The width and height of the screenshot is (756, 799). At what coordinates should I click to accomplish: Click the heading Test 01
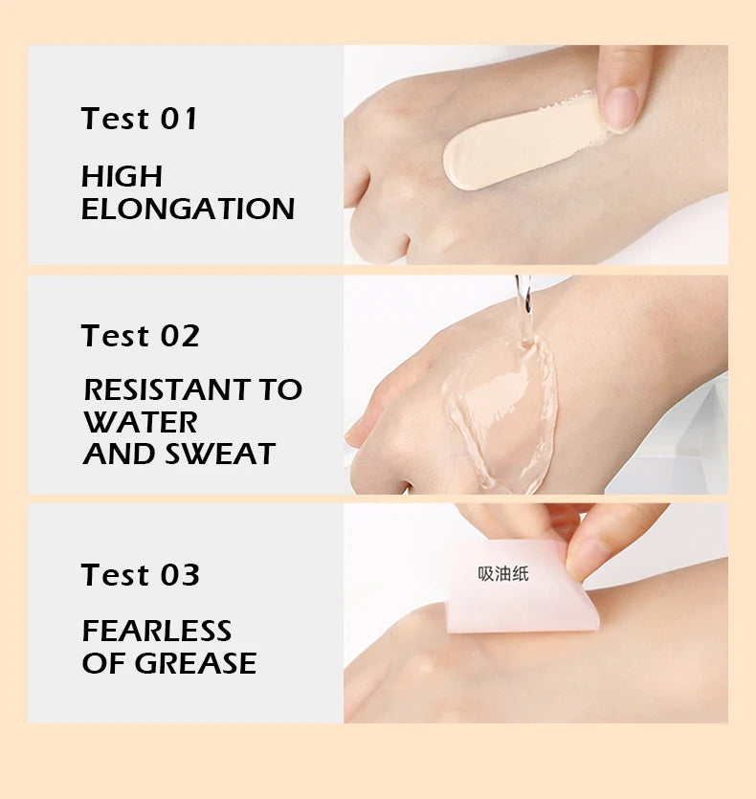pyautogui.click(x=139, y=119)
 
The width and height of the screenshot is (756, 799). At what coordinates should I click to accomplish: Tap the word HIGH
pyautogui.click(x=122, y=176)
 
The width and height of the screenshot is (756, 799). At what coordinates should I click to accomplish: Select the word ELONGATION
pyautogui.click(x=188, y=209)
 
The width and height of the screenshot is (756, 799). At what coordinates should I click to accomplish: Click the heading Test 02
pyautogui.click(x=140, y=336)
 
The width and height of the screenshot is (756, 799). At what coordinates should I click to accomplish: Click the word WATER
pyautogui.click(x=141, y=422)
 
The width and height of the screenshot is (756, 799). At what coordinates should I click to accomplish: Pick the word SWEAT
pyautogui.click(x=220, y=454)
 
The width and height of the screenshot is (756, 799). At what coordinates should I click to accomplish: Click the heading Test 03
pyautogui.click(x=140, y=575)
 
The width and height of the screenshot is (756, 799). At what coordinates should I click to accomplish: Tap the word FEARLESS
pyautogui.click(x=157, y=631)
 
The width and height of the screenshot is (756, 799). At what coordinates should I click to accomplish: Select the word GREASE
pyautogui.click(x=195, y=663)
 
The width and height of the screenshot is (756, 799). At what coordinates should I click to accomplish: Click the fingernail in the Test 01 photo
pyautogui.click(x=620, y=108)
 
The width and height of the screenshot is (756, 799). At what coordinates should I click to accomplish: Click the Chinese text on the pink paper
pyautogui.click(x=503, y=574)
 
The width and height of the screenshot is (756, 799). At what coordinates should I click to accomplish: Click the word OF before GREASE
pyautogui.click(x=104, y=663)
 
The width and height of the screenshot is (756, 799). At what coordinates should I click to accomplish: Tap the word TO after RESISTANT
pyautogui.click(x=281, y=389)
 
